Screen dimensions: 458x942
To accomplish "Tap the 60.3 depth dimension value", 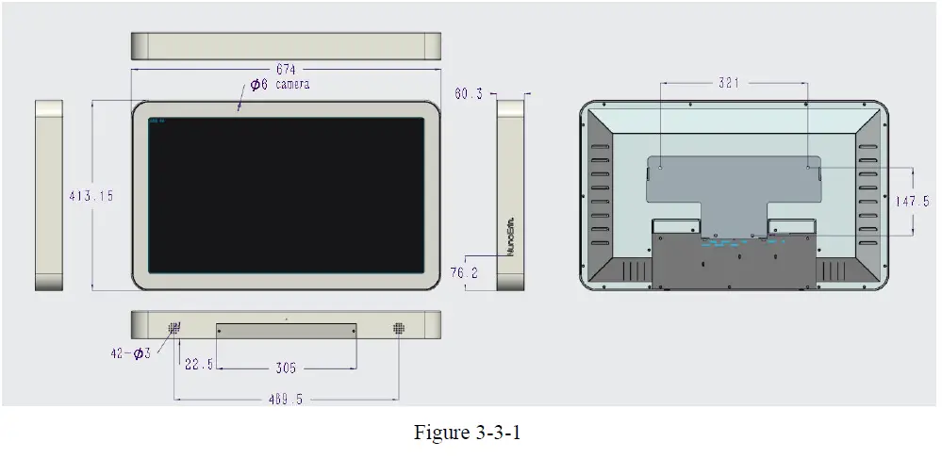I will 469,93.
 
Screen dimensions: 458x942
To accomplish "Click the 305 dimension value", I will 287,368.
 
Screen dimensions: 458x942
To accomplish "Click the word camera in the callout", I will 292,85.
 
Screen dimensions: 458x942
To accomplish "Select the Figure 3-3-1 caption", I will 468,433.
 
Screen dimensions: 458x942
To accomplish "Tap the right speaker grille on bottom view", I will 400,328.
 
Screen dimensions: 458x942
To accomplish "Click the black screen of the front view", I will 286,195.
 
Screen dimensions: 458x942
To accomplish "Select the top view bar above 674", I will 286,46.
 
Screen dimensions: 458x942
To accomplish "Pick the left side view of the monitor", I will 49,195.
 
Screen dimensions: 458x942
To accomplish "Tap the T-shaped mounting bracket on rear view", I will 733,188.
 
